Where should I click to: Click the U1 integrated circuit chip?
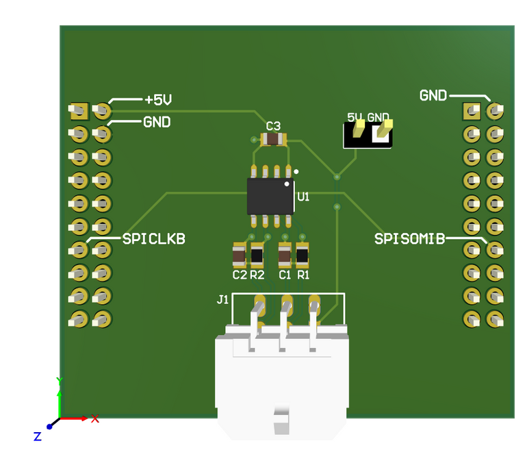(270, 196)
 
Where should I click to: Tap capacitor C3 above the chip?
(273, 140)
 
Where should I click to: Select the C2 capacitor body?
(239, 256)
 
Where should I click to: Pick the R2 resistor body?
(257, 256)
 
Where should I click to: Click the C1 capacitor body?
(285, 256)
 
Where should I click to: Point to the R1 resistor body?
(303, 256)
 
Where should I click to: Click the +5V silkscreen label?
(157, 100)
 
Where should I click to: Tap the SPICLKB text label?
(153, 239)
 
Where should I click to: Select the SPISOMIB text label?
(409, 239)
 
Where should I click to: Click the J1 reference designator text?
(222, 299)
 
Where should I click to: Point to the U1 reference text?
(303, 197)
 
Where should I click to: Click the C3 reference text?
(273, 126)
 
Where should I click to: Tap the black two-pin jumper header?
(368, 135)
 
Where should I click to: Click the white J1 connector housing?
(281, 384)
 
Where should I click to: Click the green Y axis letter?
(60, 381)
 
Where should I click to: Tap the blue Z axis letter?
(38, 436)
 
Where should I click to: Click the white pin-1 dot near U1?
(296, 171)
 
